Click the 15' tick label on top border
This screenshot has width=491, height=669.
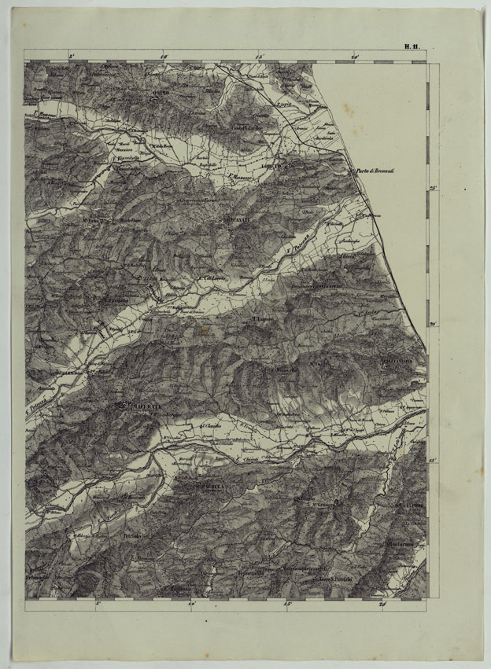coord(259,57)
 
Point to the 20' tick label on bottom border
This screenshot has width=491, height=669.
coord(382,605)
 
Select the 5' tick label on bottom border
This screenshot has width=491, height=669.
coord(99,605)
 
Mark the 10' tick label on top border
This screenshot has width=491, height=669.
coord(164,57)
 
